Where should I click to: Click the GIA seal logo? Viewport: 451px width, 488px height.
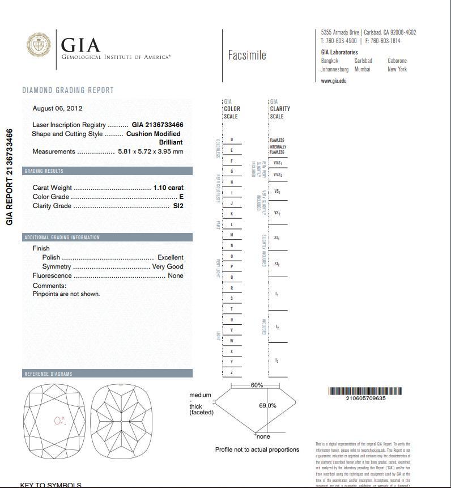[39, 45]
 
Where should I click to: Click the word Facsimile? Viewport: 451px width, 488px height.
[246, 56]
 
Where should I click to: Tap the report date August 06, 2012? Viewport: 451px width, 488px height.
[57, 108]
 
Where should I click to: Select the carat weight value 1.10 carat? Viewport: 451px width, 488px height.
[168, 188]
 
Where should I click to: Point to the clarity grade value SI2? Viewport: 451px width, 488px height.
[178, 206]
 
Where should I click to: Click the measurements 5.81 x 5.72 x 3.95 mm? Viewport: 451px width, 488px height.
[150, 151]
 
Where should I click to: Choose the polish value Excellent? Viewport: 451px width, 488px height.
[170, 257]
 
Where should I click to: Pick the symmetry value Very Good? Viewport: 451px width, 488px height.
[168, 266]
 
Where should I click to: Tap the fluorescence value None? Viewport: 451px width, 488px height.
[175, 275]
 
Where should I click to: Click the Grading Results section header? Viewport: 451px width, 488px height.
[44, 171]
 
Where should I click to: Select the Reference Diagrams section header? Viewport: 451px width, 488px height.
[48, 374]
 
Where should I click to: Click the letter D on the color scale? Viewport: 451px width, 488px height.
[232, 140]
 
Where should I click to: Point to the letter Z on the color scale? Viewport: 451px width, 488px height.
[232, 372]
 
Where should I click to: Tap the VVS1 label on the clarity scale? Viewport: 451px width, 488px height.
[278, 163]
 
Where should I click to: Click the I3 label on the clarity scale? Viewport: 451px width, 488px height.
[277, 361]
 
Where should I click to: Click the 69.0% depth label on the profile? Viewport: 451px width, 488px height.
[267, 406]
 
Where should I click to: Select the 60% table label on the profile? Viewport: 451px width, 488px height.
[257, 385]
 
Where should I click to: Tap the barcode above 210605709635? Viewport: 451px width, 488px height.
[365, 391]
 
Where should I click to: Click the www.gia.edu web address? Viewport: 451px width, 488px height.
[333, 81]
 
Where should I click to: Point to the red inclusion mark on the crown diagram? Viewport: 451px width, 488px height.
[58, 421]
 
